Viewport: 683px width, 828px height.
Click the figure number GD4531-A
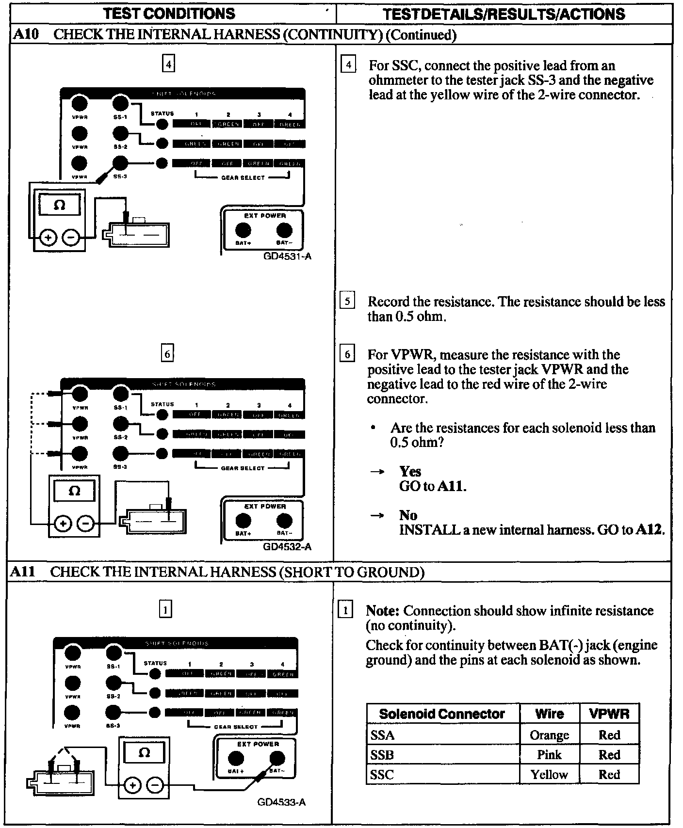pyautogui.click(x=287, y=256)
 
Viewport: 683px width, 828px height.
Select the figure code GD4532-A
pyautogui.click(x=287, y=547)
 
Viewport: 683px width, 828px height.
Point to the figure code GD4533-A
pyautogui.click(x=281, y=802)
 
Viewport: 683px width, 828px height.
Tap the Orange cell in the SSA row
pyautogui.click(x=549, y=735)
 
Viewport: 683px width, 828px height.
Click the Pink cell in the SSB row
pyautogui.click(x=549, y=755)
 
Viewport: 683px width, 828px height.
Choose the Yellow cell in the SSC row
pyautogui.click(x=549, y=775)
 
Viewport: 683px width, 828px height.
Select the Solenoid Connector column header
pyautogui.click(x=442, y=714)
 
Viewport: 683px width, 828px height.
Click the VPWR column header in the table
pyautogui.click(x=609, y=714)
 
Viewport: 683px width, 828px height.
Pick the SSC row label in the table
pyautogui.click(x=382, y=775)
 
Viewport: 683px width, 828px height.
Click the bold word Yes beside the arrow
pyautogui.click(x=410, y=472)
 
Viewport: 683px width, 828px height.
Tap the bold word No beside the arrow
pyautogui.click(x=408, y=515)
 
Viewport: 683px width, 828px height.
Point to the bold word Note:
pyautogui.click(x=383, y=611)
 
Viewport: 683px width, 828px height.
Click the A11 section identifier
pyautogui.click(x=23, y=572)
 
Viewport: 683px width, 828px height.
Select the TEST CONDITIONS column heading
pyautogui.click(x=169, y=14)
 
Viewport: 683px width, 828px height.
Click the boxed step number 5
pyautogui.click(x=347, y=302)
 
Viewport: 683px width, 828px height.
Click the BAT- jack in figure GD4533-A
pyautogui.click(x=277, y=758)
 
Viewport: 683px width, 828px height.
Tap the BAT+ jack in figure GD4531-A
pyautogui.click(x=243, y=230)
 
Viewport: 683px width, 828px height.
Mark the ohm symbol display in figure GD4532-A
pyautogui.click(x=74, y=491)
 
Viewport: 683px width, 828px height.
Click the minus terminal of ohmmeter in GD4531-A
pyautogui.click(x=71, y=238)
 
